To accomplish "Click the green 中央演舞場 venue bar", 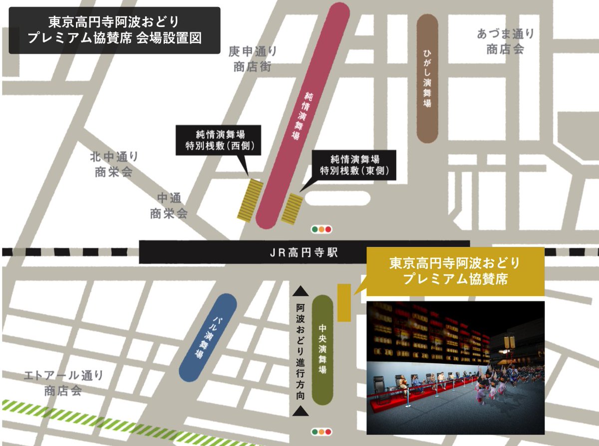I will (x=322, y=349).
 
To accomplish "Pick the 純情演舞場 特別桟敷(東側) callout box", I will (x=354, y=165).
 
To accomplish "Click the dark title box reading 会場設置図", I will (x=114, y=30).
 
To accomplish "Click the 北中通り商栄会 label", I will (x=114, y=164).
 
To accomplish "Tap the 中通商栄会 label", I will (x=169, y=205).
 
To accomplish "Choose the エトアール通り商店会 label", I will (x=63, y=383).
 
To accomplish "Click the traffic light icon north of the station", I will (x=321, y=230).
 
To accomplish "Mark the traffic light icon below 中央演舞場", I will (x=321, y=431).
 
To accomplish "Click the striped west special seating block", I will (x=251, y=200).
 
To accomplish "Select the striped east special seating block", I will (x=292, y=209).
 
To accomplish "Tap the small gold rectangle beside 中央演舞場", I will (x=344, y=302).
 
